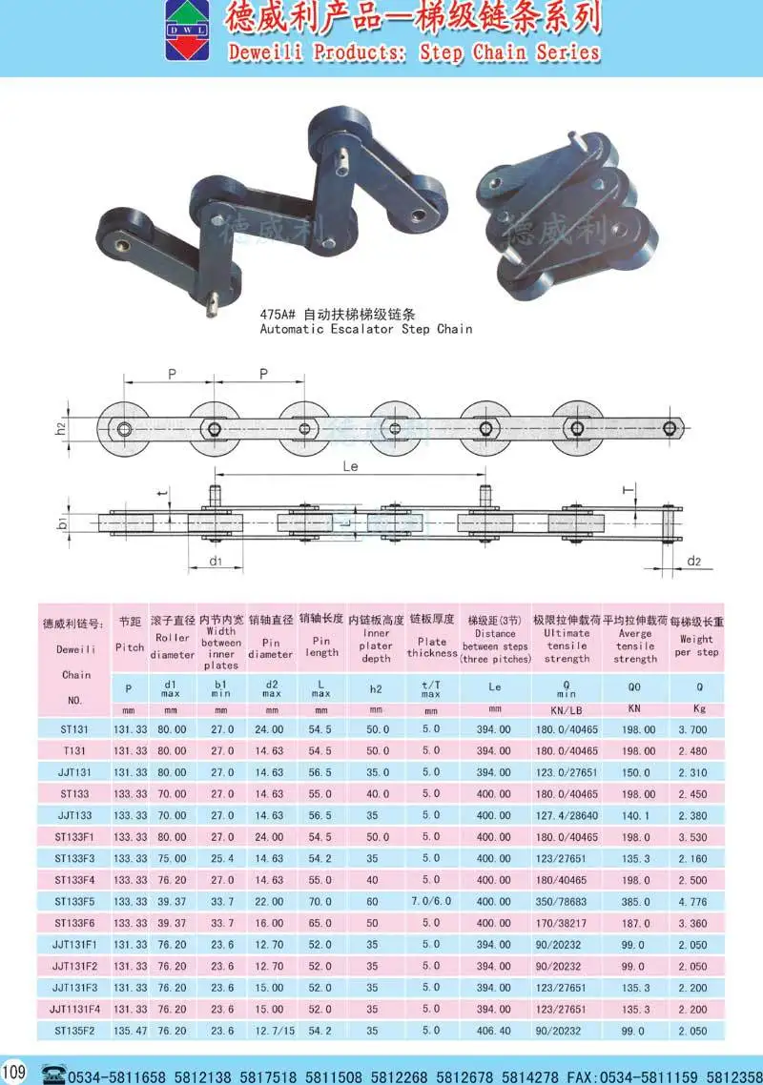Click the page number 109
click(14, 1070)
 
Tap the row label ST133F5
click(75, 901)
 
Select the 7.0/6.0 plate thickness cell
click(430, 901)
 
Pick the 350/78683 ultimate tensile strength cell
click(567, 901)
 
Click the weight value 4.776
click(694, 901)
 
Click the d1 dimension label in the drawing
click(216, 562)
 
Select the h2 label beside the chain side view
click(60, 429)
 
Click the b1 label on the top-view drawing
click(60, 522)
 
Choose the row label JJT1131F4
click(75, 1009)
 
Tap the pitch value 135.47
click(130, 1031)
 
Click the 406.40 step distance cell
click(493, 1031)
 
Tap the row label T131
click(75, 750)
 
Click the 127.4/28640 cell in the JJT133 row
click(567, 815)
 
